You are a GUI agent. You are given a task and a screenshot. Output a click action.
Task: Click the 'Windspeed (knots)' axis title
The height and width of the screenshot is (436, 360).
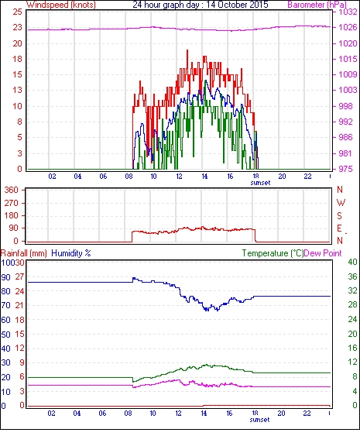click(61, 5)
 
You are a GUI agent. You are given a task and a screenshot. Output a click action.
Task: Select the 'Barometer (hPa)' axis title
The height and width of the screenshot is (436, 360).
click(317, 5)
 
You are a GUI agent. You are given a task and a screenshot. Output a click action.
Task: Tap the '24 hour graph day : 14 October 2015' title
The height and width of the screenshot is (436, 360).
click(201, 5)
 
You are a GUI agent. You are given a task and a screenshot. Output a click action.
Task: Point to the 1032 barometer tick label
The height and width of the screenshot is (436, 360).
click(348, 12)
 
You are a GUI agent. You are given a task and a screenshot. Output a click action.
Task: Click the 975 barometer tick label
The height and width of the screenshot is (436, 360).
click(345, 169)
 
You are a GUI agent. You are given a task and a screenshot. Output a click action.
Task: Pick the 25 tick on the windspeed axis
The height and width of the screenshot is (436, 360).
click(17, 12)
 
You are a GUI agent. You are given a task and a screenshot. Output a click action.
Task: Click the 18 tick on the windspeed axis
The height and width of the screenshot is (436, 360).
click(17, 59)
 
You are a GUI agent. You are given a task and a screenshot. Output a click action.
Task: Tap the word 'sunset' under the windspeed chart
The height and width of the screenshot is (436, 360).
click(260, 183)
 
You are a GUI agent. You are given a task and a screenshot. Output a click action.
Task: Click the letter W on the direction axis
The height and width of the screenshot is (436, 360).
click(341, 203)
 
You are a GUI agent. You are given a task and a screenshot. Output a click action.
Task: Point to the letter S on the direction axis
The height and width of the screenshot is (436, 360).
click(339, 215)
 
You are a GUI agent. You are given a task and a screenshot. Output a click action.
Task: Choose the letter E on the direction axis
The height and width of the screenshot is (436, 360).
click(339, 228)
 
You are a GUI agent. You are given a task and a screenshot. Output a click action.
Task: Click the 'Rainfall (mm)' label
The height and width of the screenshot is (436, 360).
click(24, 253)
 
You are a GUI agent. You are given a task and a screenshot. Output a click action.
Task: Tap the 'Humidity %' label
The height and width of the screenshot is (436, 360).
click(71, 253)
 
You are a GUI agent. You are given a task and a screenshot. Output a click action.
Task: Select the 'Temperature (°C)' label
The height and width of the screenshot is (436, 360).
click(273, 253)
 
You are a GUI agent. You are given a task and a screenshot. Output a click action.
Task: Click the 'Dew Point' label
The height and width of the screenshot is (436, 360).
click(323, 253)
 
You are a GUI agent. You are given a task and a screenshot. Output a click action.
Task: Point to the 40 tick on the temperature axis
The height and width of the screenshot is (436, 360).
click(352, 262)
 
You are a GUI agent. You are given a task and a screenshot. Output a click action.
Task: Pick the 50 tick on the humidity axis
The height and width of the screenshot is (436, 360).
click(6, 335)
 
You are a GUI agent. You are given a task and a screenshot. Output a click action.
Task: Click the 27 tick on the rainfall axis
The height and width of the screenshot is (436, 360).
click(19, 277)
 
